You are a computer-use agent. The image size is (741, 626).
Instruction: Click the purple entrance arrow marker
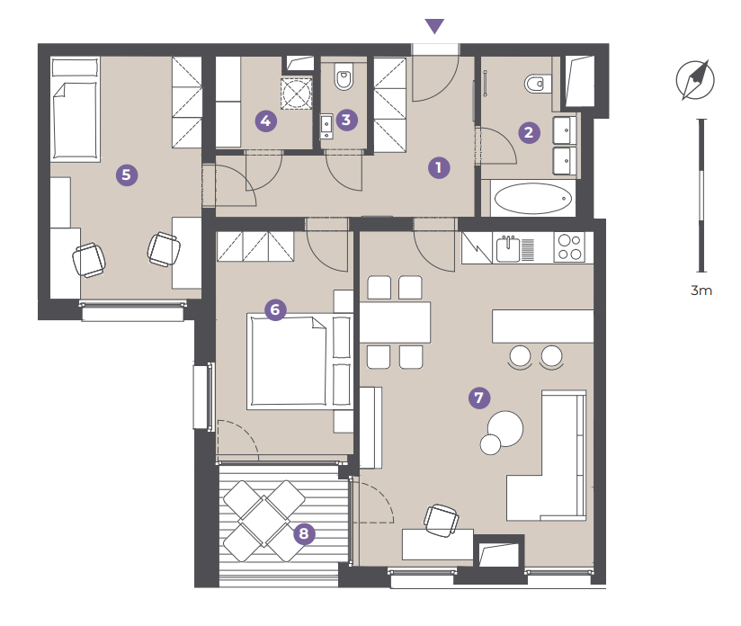434,26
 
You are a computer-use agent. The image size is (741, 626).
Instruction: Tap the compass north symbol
694,80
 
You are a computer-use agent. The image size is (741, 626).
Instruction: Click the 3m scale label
701,291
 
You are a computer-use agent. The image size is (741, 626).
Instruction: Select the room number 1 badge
439,168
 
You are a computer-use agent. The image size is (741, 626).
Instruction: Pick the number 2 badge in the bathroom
529,132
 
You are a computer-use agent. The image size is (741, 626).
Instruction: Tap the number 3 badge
346,121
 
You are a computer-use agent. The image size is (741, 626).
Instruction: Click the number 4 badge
265,121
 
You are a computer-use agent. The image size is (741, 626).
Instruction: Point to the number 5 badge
127,175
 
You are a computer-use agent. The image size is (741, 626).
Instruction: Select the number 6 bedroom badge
275,310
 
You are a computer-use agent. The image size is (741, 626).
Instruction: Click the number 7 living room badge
479,398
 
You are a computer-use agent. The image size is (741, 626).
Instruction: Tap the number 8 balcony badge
304,533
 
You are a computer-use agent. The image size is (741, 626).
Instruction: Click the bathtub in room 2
533,199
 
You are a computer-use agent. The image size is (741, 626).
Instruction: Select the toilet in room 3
344,76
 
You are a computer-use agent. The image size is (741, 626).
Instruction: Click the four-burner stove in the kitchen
569,246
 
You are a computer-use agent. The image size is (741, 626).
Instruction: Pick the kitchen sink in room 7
508,249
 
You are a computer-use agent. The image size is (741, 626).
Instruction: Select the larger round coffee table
505,428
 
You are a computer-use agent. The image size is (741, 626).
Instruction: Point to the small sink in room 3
326,126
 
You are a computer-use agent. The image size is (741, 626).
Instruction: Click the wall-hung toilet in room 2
538,84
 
